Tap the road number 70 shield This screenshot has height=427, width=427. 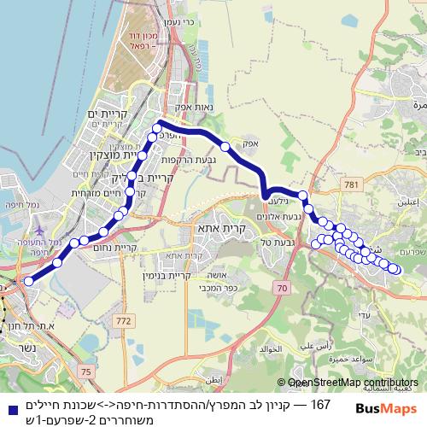click(x=280, y=290)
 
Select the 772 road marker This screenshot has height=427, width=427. click(x=126, y=320)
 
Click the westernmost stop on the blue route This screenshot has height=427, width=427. click(x=28, y=280)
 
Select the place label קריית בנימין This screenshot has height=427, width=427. click(x=204, y=276)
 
